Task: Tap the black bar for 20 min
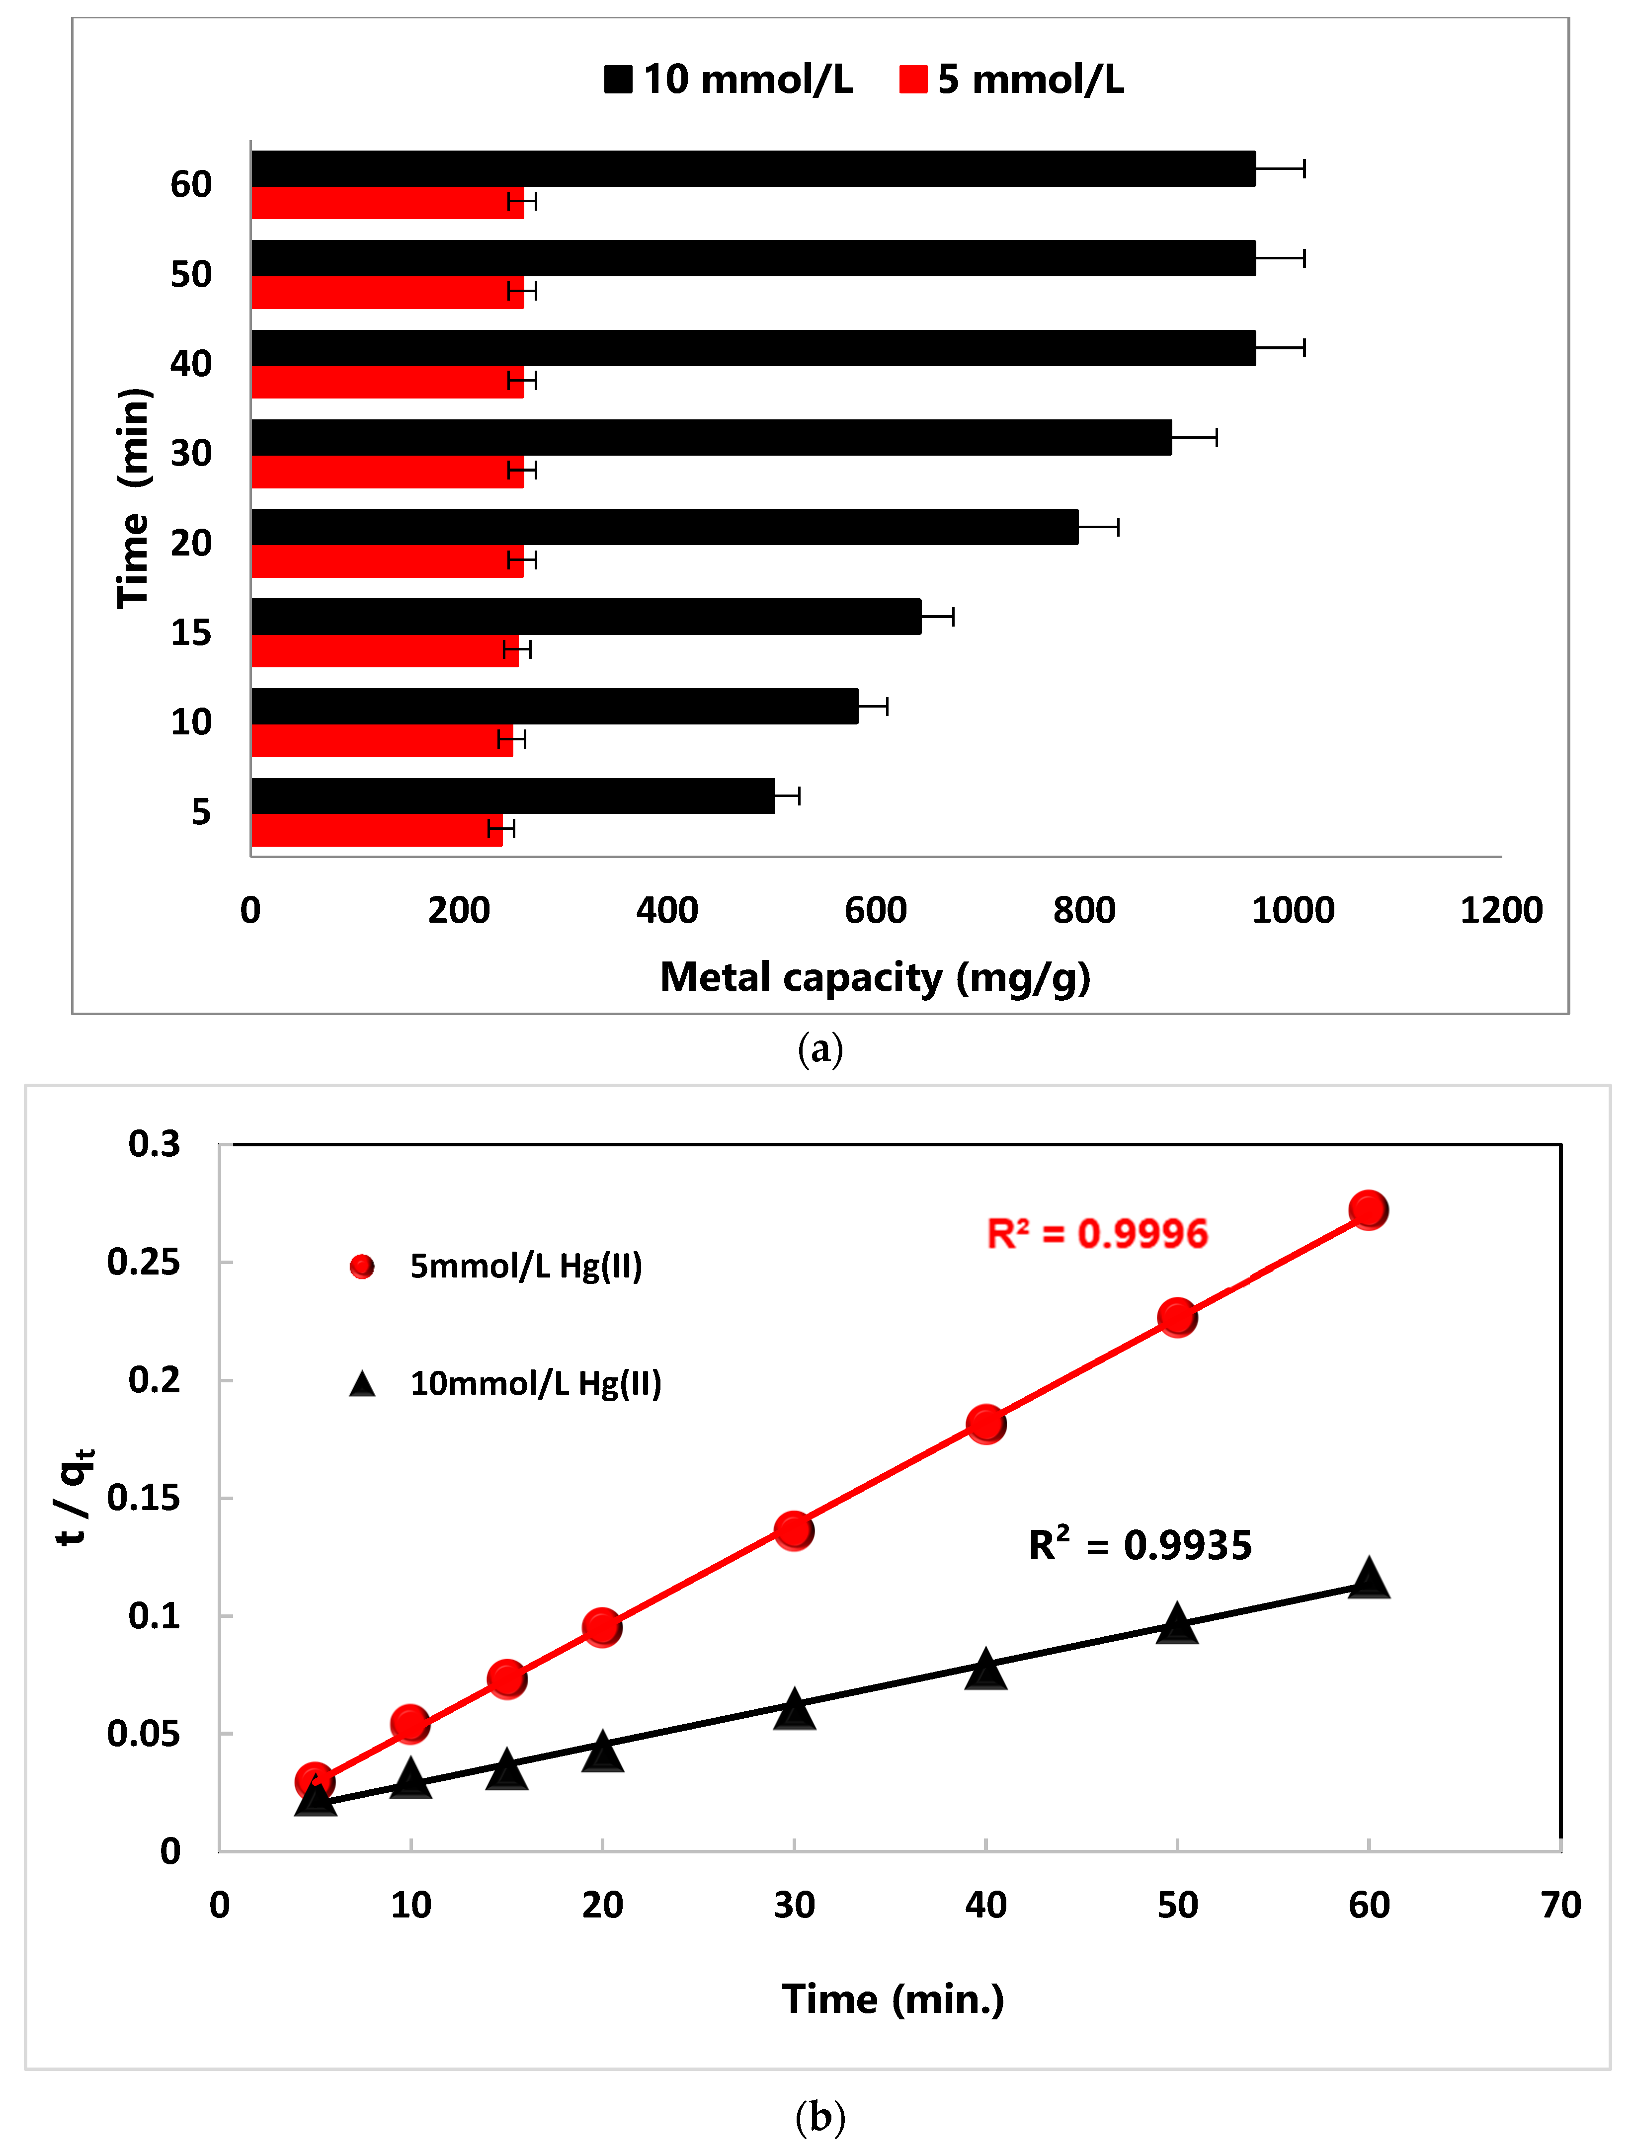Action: tap(664, 527)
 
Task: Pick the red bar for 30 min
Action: tap(387, 472)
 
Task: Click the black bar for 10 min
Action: tap(554, 706)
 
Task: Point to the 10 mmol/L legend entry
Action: tap(729, 79)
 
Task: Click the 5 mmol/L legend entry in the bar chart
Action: tap(1012, 79)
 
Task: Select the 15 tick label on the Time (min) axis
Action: tap(191, 633)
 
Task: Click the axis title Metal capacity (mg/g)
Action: tap(875, 977)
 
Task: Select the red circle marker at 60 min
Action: tap(1368, 1210)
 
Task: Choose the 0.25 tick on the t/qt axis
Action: tap(144, 1262)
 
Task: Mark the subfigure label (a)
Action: tap(820, 1050)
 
